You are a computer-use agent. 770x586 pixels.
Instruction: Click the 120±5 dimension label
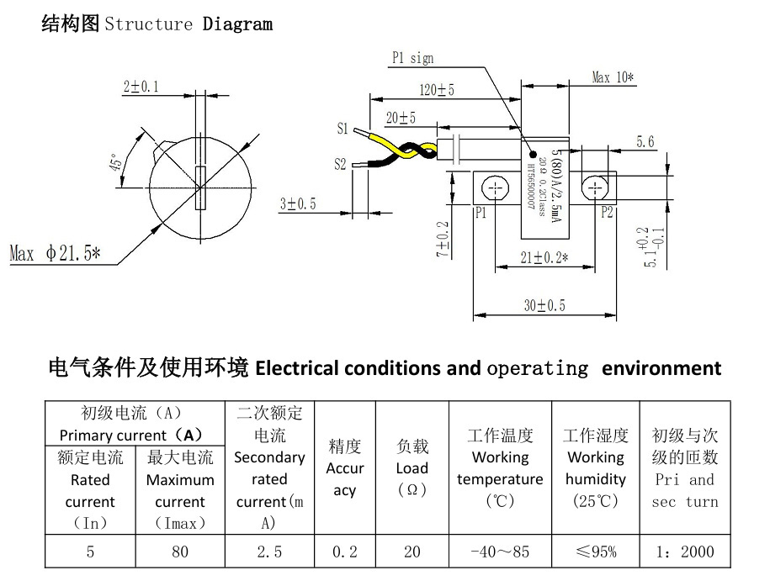tap(437, 90)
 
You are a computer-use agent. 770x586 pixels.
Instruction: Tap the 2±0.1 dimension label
tap(141, 87)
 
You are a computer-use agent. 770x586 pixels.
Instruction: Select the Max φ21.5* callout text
tap(55, 253)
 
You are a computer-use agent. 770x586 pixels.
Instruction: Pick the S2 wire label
tap(340, 164)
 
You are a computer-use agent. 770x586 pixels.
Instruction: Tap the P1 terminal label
tap(481, 213)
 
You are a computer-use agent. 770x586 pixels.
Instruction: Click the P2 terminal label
tap(608, 213)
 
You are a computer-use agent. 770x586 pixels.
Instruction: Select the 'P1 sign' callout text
tap(413, 58)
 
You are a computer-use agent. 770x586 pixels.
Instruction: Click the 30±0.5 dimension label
tap(544, 306)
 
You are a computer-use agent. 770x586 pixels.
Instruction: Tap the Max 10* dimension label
tap(613, 77)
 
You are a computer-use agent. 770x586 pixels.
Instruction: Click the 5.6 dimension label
tap(645, 142)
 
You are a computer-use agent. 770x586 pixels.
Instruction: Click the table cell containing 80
tap(180, 552)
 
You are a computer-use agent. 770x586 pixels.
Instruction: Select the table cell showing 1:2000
tap(685, 552)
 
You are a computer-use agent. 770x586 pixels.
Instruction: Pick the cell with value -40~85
tap(500, 552)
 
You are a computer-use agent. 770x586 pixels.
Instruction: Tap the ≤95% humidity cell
tap(596, 552)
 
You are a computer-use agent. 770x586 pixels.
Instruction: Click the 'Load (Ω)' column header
tap(412, 468)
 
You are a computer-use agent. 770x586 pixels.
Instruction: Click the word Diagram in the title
tap(237, 24)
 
